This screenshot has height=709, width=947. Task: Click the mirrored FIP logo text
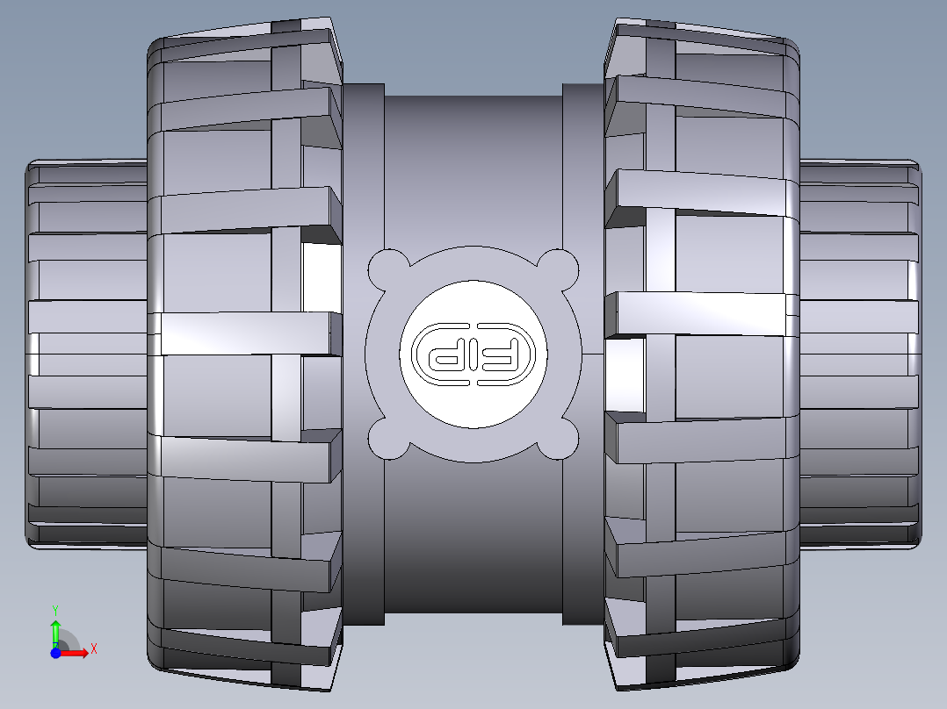point(473,354)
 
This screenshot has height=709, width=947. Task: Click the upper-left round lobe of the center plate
point(387,269)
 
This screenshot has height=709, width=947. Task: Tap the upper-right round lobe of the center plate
point(560,269)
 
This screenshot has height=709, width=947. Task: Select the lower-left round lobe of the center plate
point(387,439)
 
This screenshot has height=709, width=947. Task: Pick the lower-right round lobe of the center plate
point(560,439)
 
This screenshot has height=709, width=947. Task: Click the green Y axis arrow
point(54,630)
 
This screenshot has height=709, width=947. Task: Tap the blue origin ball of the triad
point(55,653)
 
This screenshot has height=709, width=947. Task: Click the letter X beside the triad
point(93,648)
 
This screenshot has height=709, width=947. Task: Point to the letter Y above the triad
point(54,608)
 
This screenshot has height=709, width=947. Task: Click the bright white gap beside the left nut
point(320,276)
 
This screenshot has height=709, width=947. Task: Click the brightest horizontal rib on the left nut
point(246,333)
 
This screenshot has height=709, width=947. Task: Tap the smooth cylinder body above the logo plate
point(473,167)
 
